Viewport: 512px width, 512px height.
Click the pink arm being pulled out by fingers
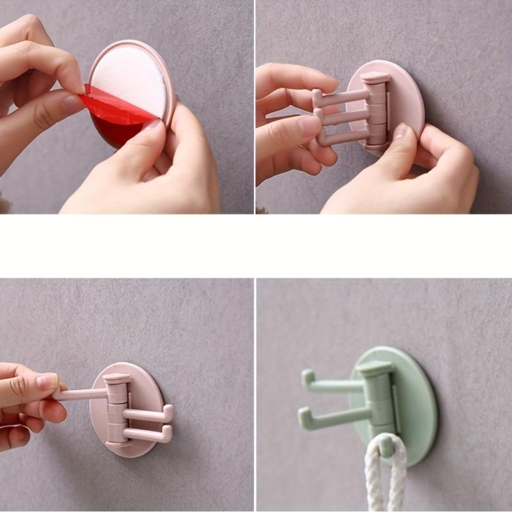pos(80,394)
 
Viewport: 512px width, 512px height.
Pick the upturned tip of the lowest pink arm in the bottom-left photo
pos(168,434)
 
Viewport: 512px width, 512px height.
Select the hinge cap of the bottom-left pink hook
pos(118,379)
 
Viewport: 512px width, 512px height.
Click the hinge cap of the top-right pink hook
pos(375,79)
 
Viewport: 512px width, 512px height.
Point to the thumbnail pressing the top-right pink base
pos(401,132)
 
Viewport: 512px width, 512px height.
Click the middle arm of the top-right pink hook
pos(342,115)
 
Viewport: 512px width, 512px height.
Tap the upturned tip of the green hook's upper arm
pos(307,378)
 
